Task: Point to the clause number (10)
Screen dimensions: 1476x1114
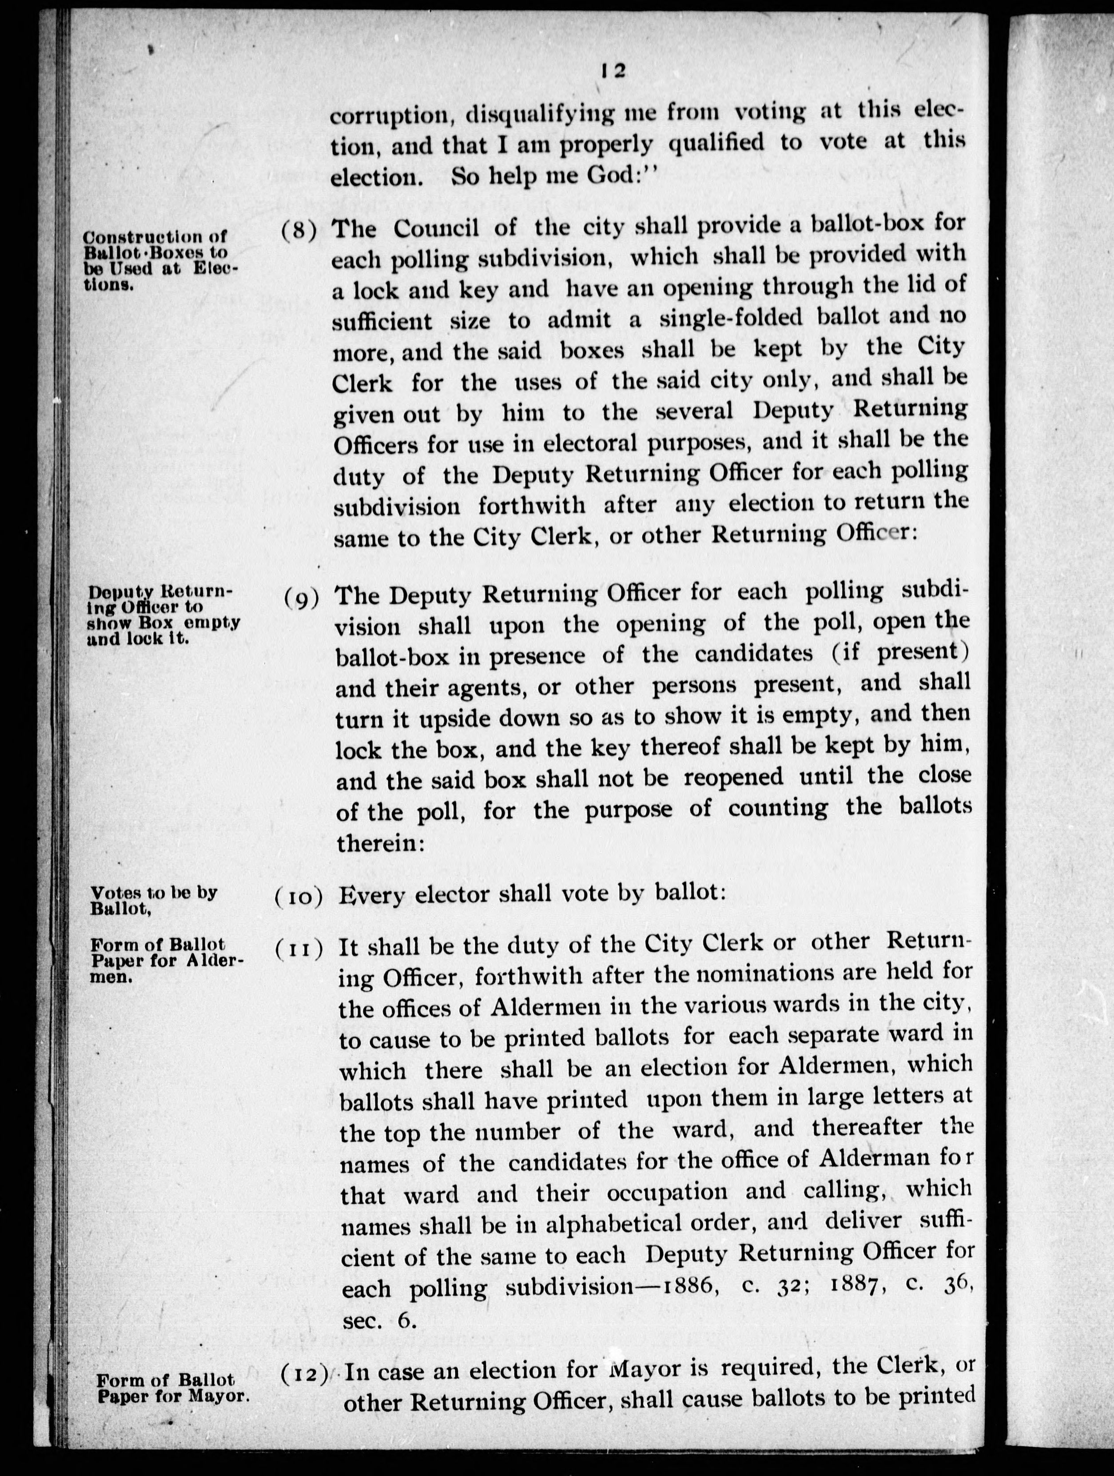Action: pyautogui.click(x=299, y=898)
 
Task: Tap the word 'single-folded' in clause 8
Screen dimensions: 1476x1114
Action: pyautogui.click(x=731, y=318)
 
